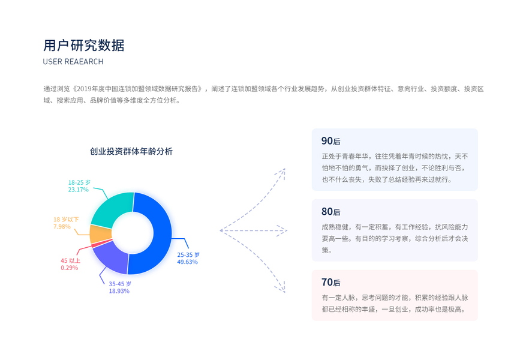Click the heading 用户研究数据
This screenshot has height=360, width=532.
[x=84, y=46]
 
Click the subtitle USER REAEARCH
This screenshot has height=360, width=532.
[x=73, y=62]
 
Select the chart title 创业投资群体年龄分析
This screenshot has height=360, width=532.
[x=131, y=151]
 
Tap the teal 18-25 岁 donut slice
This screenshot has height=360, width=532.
[x=114, y=207]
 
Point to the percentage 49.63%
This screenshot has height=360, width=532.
[x=187, y=262]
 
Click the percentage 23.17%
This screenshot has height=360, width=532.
[x=78, y=190]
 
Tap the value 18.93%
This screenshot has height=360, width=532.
[x=119, y=291]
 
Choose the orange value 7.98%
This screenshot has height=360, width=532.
[x=62, y=227]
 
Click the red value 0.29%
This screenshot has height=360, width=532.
[x=70, y=268]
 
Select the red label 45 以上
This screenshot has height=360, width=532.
[x=70, y=260]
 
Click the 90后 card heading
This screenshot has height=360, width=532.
[x=330, y=142]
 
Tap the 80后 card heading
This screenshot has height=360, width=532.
[x=330, y=212]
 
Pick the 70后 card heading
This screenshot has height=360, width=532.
[x=330, y=283]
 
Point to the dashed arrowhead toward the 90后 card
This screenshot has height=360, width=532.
[x=281, y=172]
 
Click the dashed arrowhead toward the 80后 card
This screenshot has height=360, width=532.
[x=284, y=230]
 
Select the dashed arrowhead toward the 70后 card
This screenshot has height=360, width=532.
[x=281, y=289]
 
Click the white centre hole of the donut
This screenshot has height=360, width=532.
[x=130, y=233]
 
